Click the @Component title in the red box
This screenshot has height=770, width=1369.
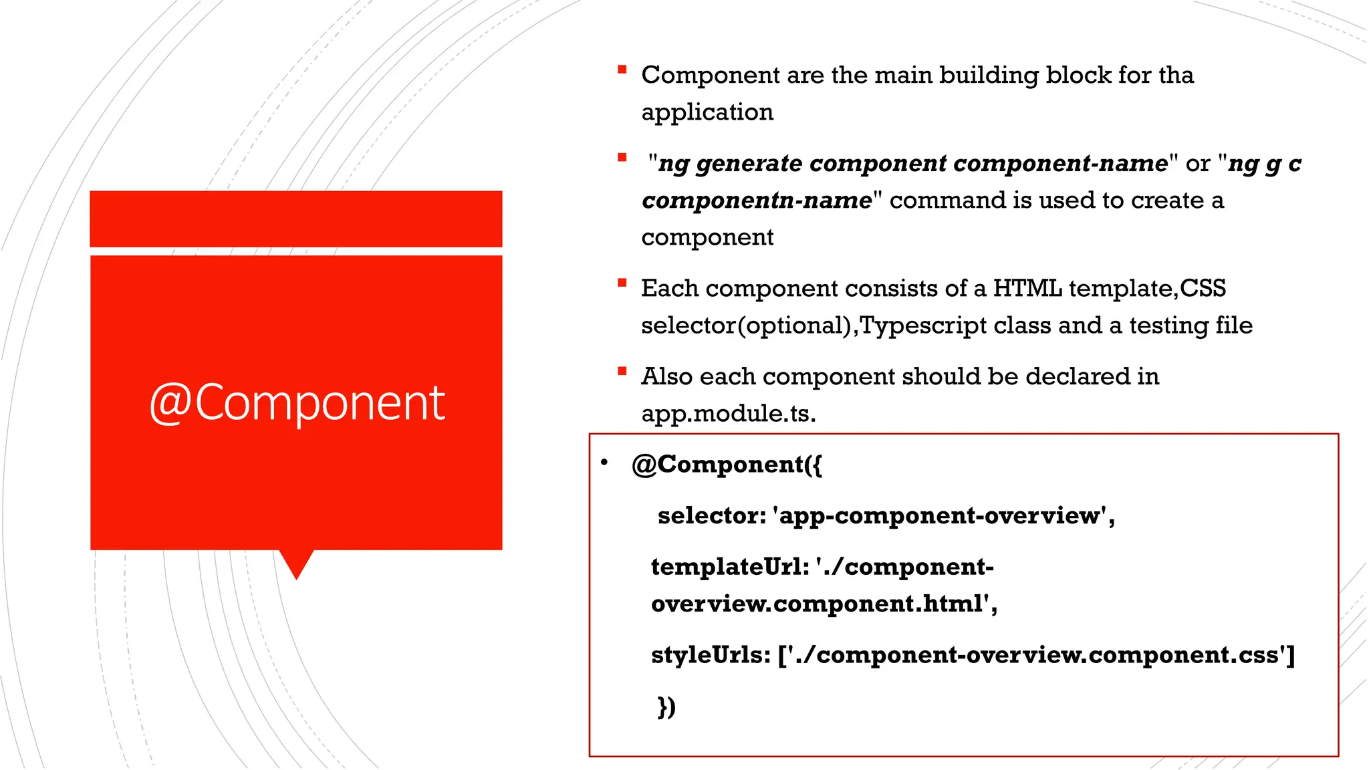tap(297, 403)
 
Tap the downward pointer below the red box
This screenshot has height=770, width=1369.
tap(296, 563)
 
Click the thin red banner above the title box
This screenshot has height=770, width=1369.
tap(296, 219)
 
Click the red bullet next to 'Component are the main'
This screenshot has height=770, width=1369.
tap(622, 70)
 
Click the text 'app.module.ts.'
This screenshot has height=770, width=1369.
tap(729, 414)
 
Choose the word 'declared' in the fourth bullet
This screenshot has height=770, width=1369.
tap(1077, 377)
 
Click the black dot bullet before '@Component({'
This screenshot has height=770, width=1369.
tap(604, 463)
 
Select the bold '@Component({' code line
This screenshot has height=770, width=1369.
tap(727, 465)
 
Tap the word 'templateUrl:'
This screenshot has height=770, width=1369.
tap(730, 567)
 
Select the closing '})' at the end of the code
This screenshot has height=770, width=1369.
tap(666, 707)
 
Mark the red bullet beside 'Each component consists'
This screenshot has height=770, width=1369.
tap(622, 283)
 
